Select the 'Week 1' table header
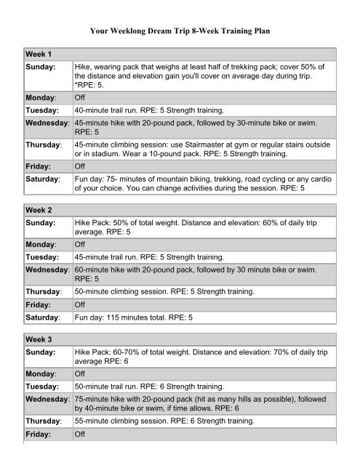pyautogui.click(x=22, y=54)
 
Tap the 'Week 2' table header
pyautogui.click(x=22, y=209)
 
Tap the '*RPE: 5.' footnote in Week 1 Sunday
pyautogui.click(x=92, y=85)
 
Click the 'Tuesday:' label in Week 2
pyautogui.click(x=27, y=256)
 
